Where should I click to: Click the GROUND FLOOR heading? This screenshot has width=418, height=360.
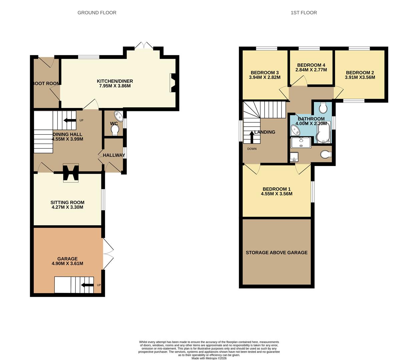97,13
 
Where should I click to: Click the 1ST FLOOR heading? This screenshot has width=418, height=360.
304,13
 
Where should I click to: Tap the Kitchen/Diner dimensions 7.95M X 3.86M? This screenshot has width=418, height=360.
115,86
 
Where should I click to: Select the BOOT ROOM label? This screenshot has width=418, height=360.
46,83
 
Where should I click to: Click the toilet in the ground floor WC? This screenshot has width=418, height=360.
114,130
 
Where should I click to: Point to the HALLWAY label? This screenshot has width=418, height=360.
114,155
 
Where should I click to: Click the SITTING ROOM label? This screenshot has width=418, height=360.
67,202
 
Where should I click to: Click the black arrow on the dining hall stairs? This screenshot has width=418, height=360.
70,120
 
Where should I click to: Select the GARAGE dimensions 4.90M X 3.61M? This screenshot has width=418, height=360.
67,264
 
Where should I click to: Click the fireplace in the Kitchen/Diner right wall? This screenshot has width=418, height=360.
173,83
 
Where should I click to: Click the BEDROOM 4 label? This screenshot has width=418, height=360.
311,65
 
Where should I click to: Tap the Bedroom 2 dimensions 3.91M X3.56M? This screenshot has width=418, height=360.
360,77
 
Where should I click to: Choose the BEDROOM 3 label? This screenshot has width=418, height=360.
265,73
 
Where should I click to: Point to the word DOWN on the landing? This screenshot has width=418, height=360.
252,149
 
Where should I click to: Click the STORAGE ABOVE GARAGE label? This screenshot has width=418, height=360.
277,253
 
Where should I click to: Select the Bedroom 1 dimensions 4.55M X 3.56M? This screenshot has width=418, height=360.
277,194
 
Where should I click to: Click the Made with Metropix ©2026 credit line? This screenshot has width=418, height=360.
209,358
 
